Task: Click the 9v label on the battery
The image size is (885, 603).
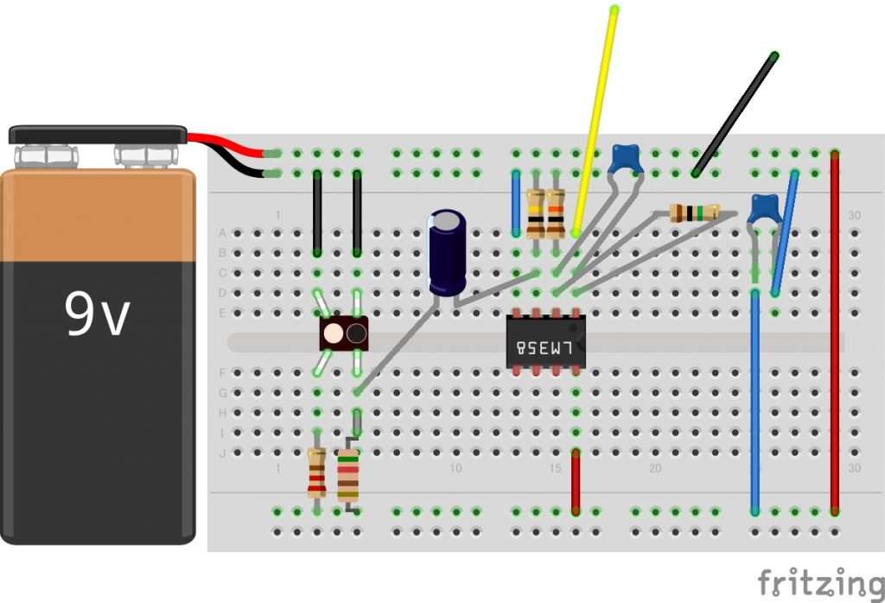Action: [97, 314]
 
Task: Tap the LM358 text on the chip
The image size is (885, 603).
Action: [545, 347]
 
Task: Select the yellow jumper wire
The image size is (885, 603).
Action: [595, 120]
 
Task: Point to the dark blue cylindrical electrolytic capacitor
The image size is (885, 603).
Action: [447, 252]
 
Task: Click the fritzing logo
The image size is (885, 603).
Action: [821, 583]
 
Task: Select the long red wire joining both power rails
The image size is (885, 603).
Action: [834, 333]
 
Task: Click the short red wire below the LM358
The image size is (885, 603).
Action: [575, 481]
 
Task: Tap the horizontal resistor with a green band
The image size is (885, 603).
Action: [695, 213]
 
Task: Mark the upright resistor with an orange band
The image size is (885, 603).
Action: [556, 214]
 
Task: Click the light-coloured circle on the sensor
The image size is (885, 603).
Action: [334, 333]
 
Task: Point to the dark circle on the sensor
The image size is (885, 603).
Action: [356, 333]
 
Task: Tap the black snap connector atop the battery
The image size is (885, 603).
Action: [98, 134]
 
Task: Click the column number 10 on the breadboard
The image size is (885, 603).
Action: [455, 467]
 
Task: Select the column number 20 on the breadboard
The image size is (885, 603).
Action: [655, 467]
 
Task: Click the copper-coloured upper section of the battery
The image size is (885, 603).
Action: [98, 215]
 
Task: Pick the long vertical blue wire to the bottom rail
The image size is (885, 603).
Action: [754, 402]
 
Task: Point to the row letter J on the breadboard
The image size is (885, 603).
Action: [222, 453]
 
